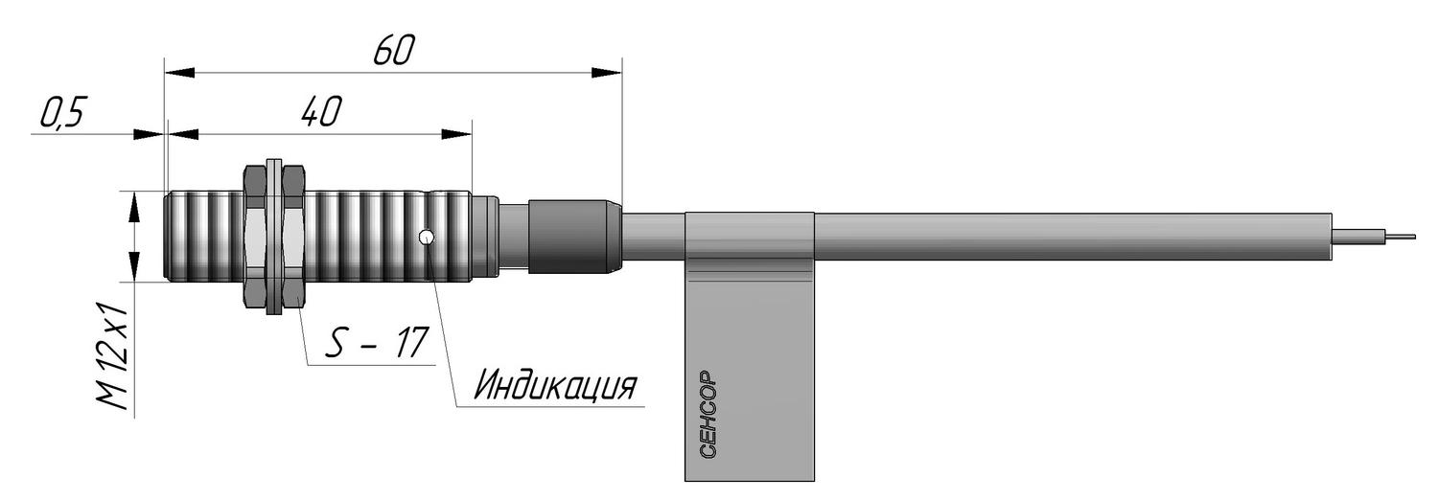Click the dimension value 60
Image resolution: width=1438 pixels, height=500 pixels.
394,51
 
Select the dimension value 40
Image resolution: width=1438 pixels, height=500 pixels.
321,111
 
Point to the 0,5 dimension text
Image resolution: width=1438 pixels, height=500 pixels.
63,113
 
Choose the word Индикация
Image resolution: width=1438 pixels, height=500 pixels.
555,385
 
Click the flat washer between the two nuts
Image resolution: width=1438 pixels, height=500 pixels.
274,236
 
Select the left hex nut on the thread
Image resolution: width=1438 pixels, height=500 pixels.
255,236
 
